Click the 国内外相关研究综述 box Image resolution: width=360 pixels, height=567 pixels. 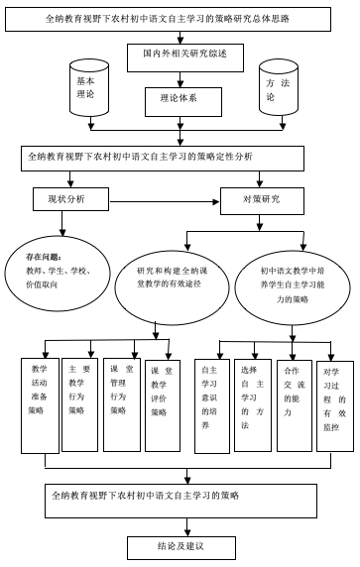click(184, 57)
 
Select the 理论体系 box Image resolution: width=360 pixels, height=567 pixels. click(183, 102)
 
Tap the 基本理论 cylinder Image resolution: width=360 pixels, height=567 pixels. click(89, 88)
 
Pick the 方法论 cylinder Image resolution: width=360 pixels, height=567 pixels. click(279, 87)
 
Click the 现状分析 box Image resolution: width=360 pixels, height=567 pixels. click(70, 199)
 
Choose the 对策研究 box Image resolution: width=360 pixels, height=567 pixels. click(262, 200)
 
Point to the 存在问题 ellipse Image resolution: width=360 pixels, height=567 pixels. click(58, 274)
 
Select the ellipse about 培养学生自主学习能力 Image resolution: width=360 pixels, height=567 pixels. click(293, 287)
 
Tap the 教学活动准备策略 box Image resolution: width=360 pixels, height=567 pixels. click(40, 405)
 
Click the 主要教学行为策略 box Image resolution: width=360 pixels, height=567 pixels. click(79, 404)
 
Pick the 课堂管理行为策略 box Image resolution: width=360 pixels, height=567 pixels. click(122, 404)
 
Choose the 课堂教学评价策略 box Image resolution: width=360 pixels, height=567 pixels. click(163, 405)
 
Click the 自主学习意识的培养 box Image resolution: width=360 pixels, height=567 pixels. click(211, 406)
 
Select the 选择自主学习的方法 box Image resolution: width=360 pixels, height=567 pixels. click(253, 405)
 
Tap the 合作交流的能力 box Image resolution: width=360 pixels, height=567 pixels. click(295, 405)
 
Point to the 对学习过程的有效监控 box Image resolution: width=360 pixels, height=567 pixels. click(335, 406)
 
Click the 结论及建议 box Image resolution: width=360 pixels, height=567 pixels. click(181, 548)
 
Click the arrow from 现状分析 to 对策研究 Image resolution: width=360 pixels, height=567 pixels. click(165, 202)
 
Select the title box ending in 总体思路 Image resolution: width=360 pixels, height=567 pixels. click(168, 19)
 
